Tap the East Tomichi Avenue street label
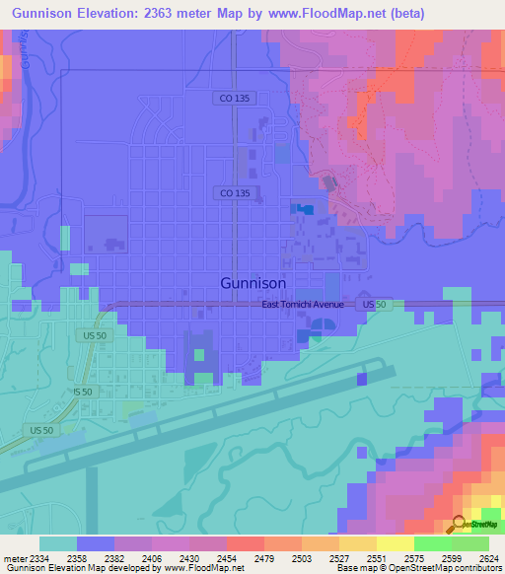(303, 305)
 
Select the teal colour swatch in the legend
(58, 543)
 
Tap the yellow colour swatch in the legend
(395, 543)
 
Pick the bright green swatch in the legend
(432, 543)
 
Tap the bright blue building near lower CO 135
(306, 209)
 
